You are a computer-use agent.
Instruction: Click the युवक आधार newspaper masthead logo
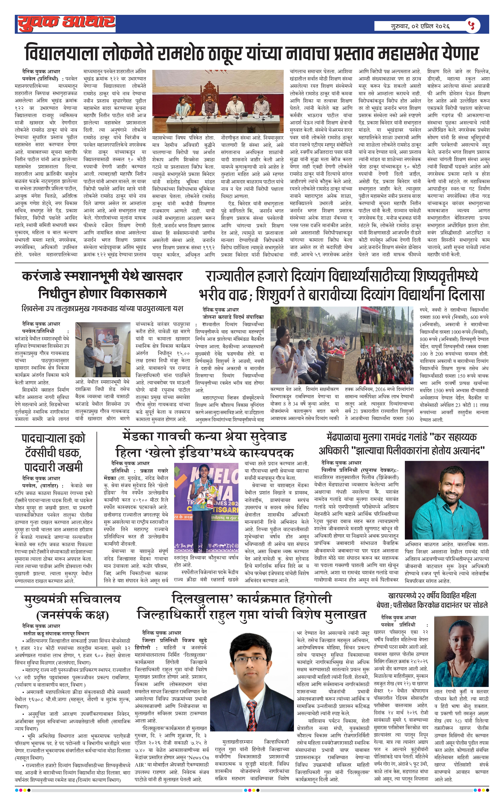coord(66,24)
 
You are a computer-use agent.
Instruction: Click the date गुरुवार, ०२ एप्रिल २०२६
coord(420,26)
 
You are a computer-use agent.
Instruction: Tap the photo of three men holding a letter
coord(103,349)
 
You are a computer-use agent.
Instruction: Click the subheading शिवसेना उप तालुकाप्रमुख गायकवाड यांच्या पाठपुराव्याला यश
coord(102,308)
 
